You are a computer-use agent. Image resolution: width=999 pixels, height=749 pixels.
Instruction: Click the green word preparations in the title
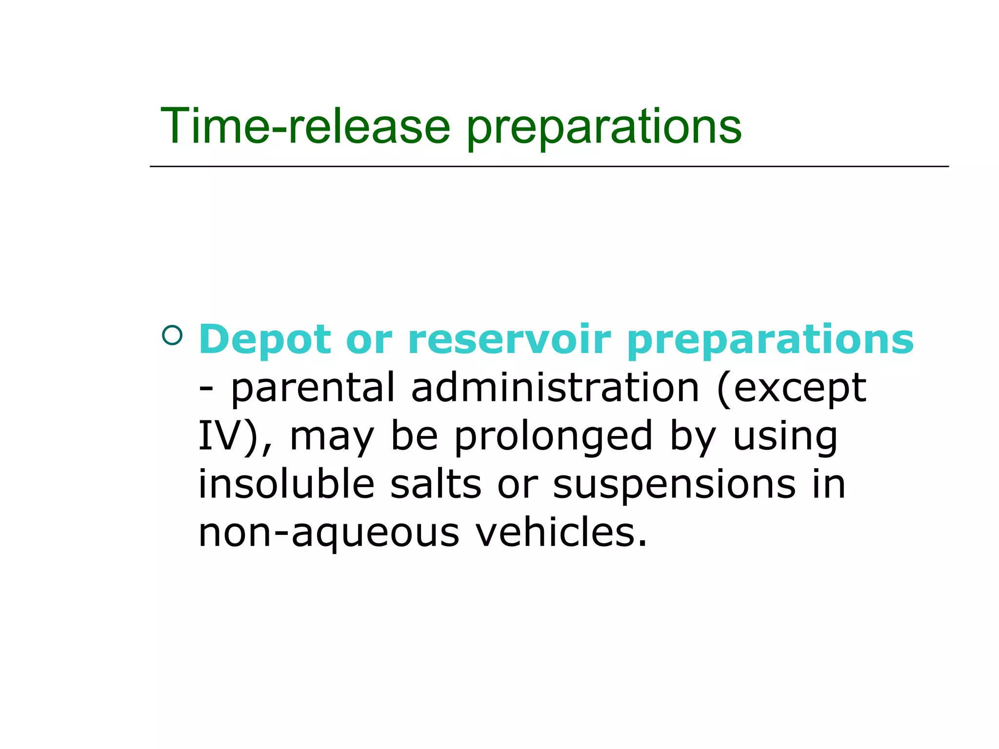pos(604,128)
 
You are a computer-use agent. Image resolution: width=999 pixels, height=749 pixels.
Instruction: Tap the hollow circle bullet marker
pos(172,335)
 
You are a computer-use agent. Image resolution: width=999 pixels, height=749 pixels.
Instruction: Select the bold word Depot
pos(265,340)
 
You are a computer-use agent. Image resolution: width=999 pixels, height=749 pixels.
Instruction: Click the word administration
pos(555,388)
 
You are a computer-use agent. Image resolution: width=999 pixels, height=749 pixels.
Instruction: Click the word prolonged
pos(554,437)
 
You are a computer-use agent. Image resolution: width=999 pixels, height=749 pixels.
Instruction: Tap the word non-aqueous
pos(329,532)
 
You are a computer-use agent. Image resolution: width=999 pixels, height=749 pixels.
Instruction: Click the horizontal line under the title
pos(549,167)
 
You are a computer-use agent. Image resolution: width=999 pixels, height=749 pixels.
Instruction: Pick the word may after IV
pos(332,437)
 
